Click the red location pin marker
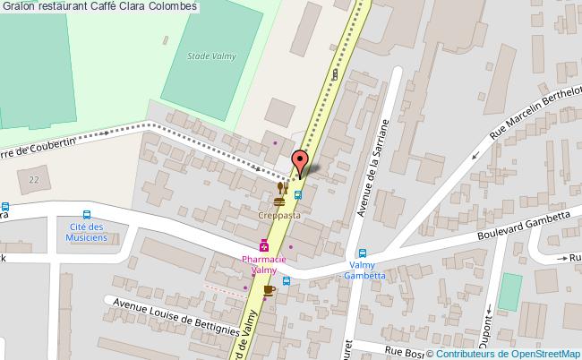tap(301, 162)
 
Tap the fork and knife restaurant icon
tap(282, 187)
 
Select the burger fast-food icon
tap(279, 202)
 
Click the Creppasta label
tap(279, 216)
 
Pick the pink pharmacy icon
tap(264, 245)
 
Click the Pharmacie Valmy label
tap(264, 264)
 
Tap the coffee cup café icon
tap(268, 289)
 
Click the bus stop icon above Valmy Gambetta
tap(363, 253)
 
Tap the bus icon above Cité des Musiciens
tap(86, 214)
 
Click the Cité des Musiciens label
tap(86, 232)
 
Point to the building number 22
tap(34, 180)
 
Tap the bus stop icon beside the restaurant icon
tap(298, 190)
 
